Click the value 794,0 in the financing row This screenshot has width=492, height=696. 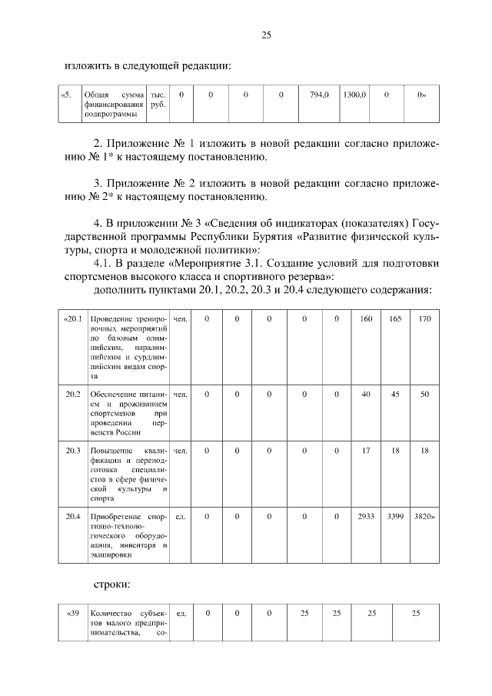[319, 95]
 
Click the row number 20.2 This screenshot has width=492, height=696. [74, 394]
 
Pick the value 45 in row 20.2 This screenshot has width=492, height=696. [395, 394]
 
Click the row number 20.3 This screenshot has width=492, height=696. [74, 449]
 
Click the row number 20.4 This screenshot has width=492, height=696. [74, 516]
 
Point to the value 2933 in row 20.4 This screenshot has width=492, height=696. [366, 516]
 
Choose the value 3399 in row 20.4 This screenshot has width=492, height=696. [395, 516]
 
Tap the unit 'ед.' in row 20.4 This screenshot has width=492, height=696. [181, 516]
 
